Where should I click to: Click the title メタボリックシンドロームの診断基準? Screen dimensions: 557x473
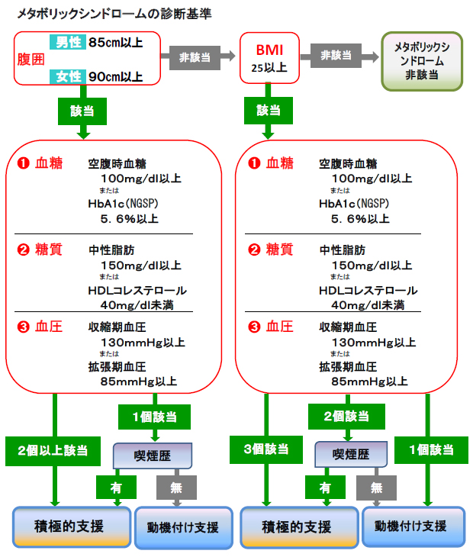114,13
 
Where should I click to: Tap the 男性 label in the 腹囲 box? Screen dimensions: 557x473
67,42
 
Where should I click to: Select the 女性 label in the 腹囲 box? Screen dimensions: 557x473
67,76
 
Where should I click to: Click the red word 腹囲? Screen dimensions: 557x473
31,59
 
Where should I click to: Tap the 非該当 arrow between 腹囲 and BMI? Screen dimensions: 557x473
197,57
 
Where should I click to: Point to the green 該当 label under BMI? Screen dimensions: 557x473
268,111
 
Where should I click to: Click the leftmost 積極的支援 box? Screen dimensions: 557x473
69,526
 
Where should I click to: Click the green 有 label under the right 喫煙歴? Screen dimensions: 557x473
323,487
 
